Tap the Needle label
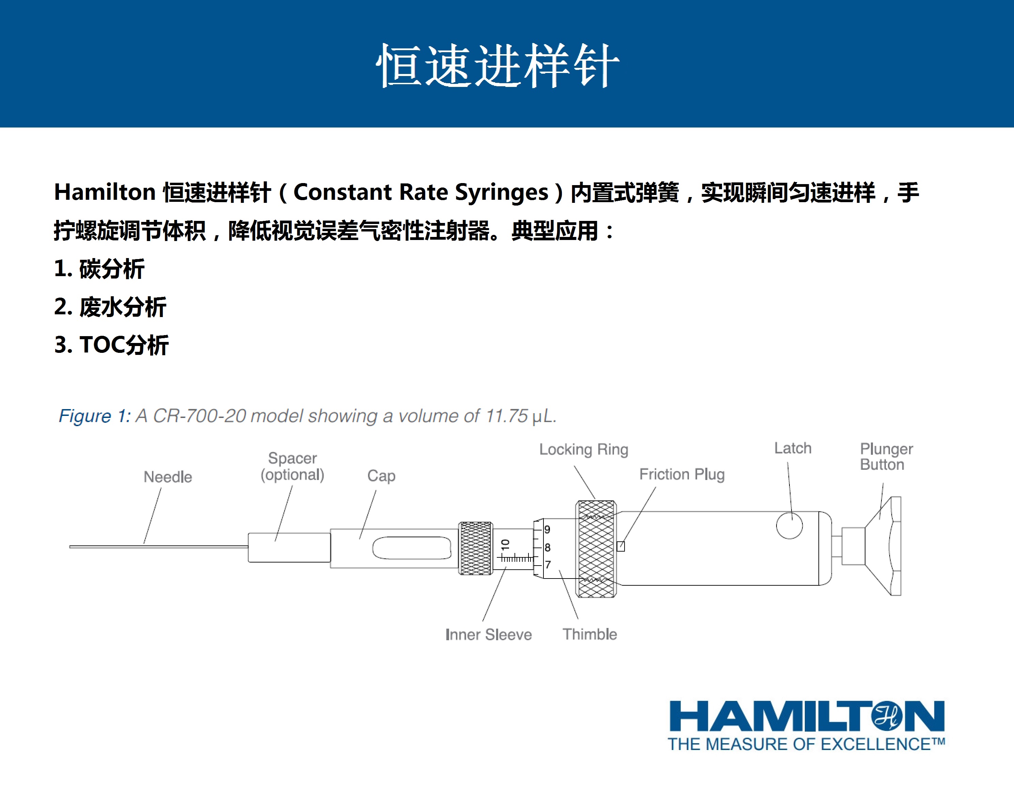tap(168, 477)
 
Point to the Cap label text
tap(381, 476)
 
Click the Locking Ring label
tap(584, 450)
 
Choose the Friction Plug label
tap(682, 474)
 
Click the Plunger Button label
tap(886, 456)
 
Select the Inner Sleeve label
tap(488, 634)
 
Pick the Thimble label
tap(590, 634)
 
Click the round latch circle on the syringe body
tap(789, 525)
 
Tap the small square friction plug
tap(620, 546)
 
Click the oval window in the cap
tap(412, 548)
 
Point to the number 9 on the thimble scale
tap(548, 530)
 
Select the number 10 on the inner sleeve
tap(506, 544)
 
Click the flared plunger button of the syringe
tap(883, 546)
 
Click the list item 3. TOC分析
tap(112, 345)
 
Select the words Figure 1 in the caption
tap(94, 416)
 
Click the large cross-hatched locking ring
tap(596, 549)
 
